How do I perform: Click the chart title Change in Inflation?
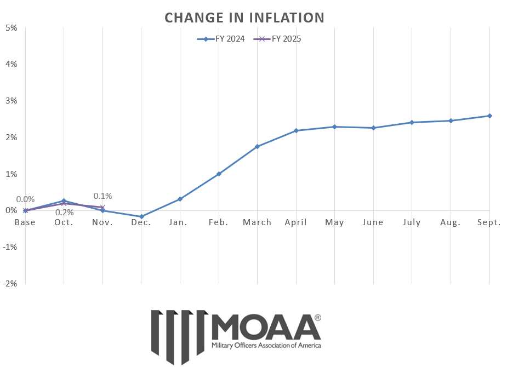pos(244,18)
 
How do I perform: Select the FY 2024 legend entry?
pos(221,39)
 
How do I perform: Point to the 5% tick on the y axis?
pos(12,27)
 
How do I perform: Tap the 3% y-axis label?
pos(12,101)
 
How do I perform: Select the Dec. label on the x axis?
pos(141,222)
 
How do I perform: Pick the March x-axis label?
pos(257,222)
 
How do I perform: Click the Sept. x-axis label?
pos(489,222)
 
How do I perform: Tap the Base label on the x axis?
pos(25,222)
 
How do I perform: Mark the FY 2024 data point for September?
pos(489,116)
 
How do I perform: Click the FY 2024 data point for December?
pos(141,217)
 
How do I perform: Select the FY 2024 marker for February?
pos(219,174)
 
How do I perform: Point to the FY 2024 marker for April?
pos(296,130)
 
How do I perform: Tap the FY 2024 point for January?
pos(180,199)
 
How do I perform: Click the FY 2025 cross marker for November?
pos(102,207)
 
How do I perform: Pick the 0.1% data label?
pos(102,196)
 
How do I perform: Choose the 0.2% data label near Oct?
pos(64,213)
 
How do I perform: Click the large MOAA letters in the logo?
pos(266,327)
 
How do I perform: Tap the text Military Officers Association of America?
pos(266,346)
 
